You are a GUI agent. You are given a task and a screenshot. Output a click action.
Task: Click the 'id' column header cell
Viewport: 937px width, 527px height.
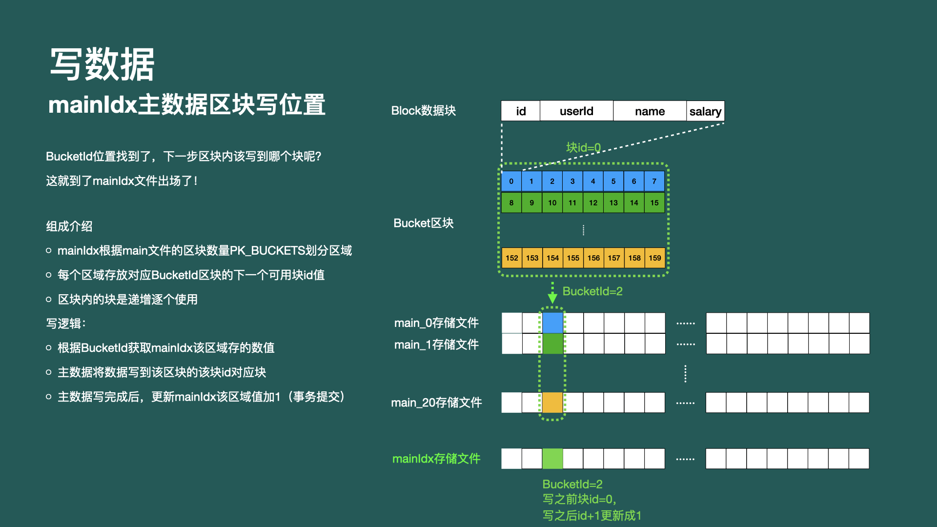click(521, 111)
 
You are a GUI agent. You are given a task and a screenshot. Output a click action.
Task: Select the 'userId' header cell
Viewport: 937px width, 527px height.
click(576, 111)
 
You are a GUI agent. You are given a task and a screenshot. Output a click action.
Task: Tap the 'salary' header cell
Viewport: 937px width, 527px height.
click(705, 111)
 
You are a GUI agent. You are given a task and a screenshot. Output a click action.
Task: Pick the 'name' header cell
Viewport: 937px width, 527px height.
click(650, 111)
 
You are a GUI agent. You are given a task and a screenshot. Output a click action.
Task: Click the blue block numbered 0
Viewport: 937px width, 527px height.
click(511, 181)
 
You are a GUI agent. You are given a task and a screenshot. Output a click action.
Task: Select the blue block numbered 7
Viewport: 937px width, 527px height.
click(654, 181)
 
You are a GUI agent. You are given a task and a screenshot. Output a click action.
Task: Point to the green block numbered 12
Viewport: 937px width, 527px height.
click(593, 203)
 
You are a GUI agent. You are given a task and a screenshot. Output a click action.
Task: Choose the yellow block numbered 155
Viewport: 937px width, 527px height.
click(573, 258)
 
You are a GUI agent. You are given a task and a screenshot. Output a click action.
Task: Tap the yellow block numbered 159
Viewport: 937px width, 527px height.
click(655, 258)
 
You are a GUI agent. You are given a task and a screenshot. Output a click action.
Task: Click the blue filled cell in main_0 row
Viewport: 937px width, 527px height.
click(552, 323)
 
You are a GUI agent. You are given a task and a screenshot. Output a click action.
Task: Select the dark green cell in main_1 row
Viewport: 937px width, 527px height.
click(552, 344)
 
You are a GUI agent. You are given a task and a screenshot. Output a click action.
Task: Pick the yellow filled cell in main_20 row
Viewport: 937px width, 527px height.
click(552, 403)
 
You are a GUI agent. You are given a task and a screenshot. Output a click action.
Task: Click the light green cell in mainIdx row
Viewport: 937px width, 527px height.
click(552, 459)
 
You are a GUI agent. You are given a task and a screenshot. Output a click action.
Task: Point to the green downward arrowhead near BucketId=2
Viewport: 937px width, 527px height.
click(552, 298)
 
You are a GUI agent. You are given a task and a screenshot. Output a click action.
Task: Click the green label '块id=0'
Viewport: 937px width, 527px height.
click(583, 147)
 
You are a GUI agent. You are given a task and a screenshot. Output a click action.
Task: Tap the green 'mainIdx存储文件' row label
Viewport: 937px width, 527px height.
click(436, 459)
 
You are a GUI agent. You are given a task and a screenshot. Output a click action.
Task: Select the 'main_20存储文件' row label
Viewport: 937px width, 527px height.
click(436, 403)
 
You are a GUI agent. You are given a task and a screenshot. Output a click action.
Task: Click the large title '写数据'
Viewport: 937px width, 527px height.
click(102, 64)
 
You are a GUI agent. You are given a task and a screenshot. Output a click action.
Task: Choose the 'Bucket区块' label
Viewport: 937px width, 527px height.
click(424, 223)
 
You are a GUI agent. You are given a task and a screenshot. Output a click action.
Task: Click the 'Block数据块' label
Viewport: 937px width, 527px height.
click(424, 111)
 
